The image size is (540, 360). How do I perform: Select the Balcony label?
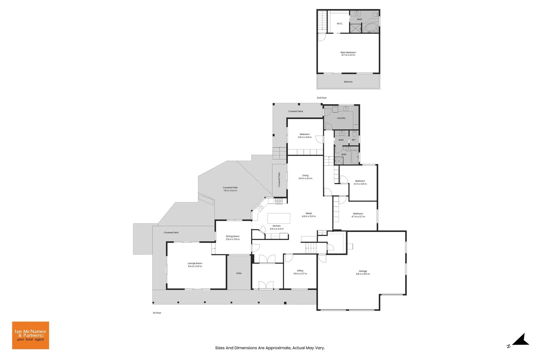click(348, 82)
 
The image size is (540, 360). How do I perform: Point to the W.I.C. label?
click(339, 24)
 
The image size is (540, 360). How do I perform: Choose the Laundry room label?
click(341, 118)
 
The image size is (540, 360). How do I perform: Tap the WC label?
click(354, 140)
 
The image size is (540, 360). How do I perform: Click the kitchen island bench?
click(279, 218)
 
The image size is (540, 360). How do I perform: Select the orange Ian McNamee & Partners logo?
click(31, 335)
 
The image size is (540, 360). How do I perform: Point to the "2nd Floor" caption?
click(322, 98)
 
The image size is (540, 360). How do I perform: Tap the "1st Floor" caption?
click(157, 313)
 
